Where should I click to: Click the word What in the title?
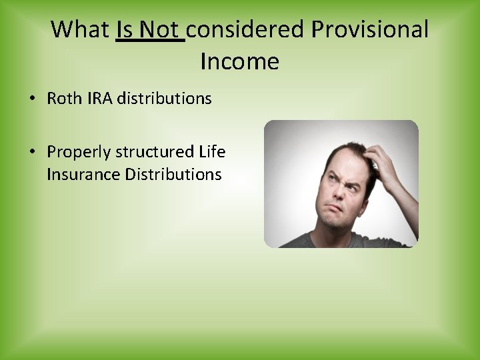coord(80,29)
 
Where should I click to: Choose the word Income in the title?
coord(239,62)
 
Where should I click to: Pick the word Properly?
coord(78,153)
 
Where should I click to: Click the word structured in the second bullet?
coord(155,152)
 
